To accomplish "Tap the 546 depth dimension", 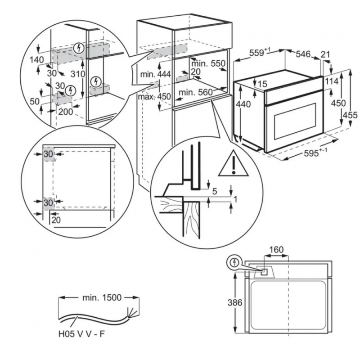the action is tap(303, 54).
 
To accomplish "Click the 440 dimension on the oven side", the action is tap(243, 104).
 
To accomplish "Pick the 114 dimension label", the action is tap(332, 81).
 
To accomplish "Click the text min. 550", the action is tap(208, 63).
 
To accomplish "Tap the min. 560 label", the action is tap(196, 92).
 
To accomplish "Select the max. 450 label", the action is tap(154, 96).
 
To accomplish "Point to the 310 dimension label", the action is tap(78, 74).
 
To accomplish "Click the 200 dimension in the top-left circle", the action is tap(65, 112).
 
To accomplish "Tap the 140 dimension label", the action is tap(37, 60).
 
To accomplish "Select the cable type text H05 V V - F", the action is tap(81, 334).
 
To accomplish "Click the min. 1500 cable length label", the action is tap(102, 297).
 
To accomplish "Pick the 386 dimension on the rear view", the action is tap(235, 302).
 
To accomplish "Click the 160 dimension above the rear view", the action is tap(276, 249).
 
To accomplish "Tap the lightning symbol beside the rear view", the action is tap(234, 262).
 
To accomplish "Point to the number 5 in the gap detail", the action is tap(215, 191).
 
